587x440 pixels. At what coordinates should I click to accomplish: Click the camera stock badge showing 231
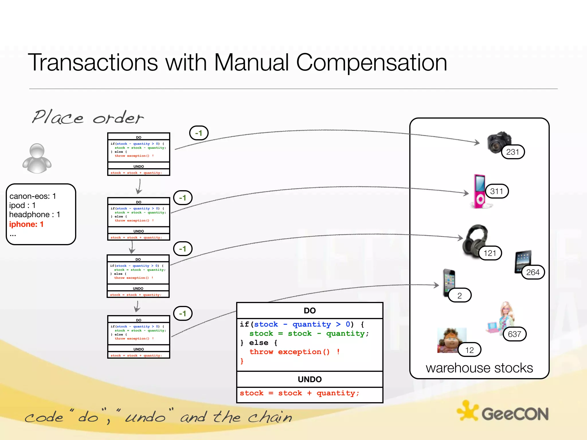tap(513, 152)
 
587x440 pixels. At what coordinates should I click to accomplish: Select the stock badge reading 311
tap(497, 191)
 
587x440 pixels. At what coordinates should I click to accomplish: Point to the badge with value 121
tap(490, 253)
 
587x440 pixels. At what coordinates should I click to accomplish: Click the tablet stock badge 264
tap(533, 272)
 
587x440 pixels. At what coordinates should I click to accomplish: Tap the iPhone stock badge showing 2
tap(459, 295)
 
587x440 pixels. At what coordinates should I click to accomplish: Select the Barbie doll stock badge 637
tap(514, 334)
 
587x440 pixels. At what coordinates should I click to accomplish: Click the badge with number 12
tap(469, 350)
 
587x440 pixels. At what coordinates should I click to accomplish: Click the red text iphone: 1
tap(26, 224)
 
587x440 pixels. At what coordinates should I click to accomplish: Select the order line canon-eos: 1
tap(33, 196)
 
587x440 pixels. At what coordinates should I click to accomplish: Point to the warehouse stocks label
tap(479, 368)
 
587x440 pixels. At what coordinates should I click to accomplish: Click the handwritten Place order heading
tap(87, 117)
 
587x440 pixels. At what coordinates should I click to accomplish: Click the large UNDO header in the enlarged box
tap(310, 379)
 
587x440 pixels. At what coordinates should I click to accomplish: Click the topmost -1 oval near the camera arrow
tap(199, 133)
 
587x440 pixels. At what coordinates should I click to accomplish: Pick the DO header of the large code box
tap(310, 311)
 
